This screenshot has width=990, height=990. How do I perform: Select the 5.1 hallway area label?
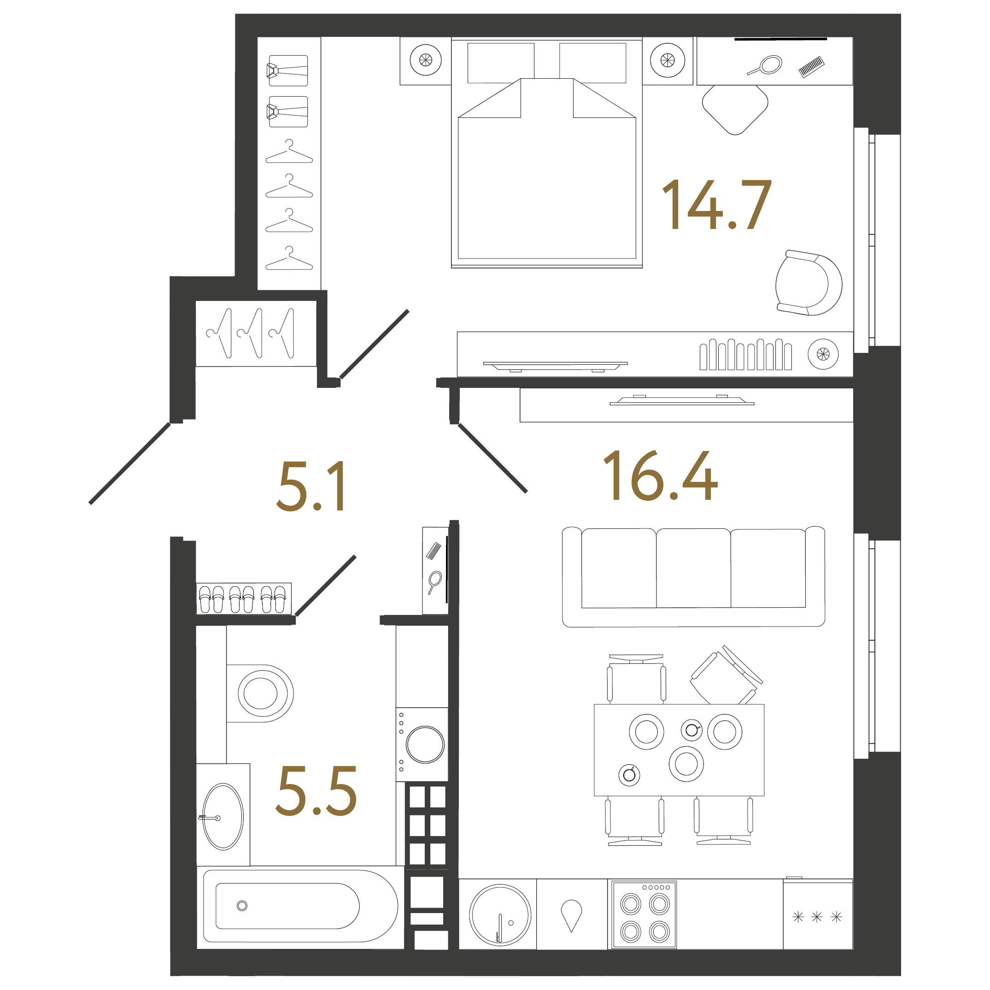(x=311, y=486)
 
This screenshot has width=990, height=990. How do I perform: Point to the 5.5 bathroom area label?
(x=316, y=791)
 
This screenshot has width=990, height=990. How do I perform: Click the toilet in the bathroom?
(x=260, y=693)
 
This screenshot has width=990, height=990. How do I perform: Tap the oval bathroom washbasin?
(x=223, y=816)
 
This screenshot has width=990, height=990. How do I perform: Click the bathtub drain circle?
(x=242, y=906)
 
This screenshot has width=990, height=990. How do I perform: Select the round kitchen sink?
(x=500, y=914)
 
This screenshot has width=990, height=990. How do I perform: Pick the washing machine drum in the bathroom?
(x=425, y=744)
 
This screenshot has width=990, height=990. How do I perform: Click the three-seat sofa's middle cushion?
(x=693, y=569)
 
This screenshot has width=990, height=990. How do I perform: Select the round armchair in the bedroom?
(x=808, y=283)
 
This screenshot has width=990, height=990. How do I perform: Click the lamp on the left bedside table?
(x=425, y=60)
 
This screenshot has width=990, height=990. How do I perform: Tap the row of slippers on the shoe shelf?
(x=243, y=599)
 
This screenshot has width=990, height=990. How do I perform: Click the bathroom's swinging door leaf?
(x=326, y=586)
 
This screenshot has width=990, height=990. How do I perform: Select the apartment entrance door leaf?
(x=129, y=463)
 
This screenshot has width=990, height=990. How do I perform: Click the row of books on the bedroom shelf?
(x=745, y=355)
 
